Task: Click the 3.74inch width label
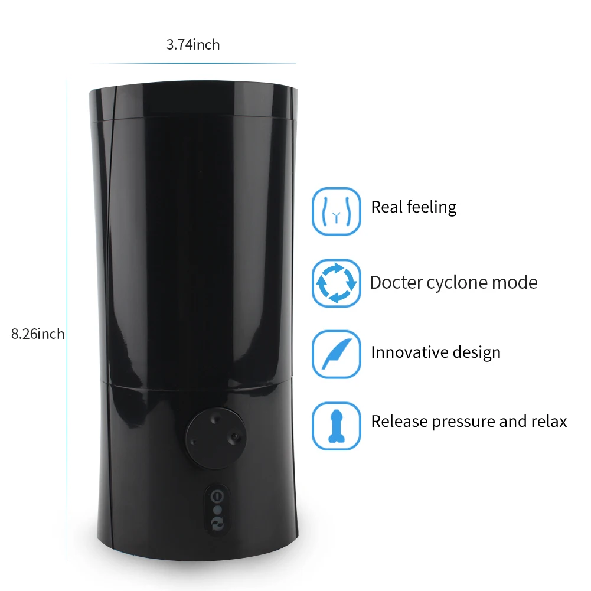(x=193, y=45)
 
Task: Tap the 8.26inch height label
(x=38, y=334)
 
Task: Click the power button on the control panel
(x=217, y=496)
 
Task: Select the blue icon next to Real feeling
(x=336, y=211)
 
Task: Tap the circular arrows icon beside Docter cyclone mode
(x=336, y=283)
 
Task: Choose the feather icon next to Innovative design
(x=336, y=354)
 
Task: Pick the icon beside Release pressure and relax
(x=336, y=425)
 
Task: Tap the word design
(x=476, y=353)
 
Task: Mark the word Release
(x=399, y=422)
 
